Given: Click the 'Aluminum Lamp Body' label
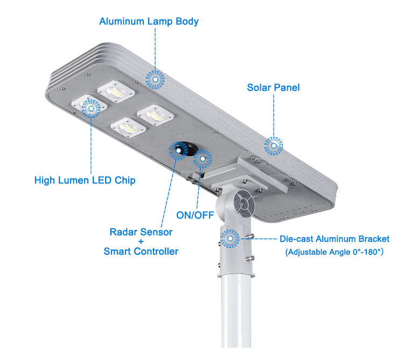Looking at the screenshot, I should click(149, 22).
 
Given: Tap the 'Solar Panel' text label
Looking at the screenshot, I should click(273, 87).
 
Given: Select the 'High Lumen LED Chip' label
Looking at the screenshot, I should click(85, 180).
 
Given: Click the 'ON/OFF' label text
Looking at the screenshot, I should click(195, 215).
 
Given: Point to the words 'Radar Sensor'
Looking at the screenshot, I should click(141, 232).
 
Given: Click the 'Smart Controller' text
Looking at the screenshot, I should click(141, 251).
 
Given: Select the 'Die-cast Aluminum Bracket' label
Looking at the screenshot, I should click(334, 239).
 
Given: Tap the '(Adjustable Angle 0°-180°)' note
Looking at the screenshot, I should click(334, 252).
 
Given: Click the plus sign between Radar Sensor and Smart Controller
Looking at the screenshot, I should click(141, 242).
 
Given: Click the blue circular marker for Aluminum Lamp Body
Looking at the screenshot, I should click(156, 80).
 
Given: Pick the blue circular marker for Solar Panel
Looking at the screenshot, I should click(274, 144).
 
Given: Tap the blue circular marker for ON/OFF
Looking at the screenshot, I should click(203, 158).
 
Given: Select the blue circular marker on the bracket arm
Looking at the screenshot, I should click(231, 238).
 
